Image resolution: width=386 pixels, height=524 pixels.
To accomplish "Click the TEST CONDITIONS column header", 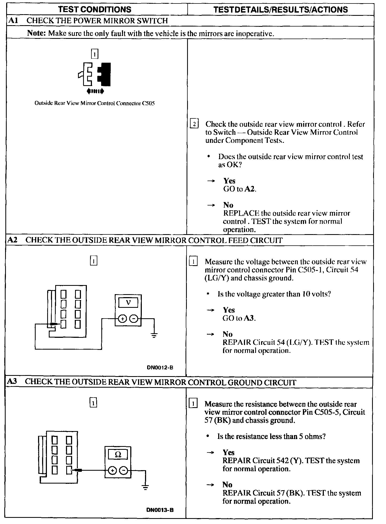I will (x=95, y=10).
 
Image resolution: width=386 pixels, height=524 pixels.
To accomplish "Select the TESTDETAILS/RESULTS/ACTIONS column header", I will (x=281, y=10).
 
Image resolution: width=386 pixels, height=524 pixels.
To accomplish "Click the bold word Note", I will (x=37, y=33).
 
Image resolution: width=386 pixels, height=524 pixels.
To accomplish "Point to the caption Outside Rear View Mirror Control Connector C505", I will (x=95, y=103).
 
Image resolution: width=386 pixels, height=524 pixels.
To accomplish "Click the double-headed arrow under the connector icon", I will (x=95, y=91).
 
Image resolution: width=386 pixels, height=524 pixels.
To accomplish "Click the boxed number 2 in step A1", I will (x=194, y=124).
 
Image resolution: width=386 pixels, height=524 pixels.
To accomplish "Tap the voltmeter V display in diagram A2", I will (x=128, y=303).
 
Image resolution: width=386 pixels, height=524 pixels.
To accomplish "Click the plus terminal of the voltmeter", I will (x=123, y=319).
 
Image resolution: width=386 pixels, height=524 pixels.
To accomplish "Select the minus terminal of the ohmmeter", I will (x=124, y=470).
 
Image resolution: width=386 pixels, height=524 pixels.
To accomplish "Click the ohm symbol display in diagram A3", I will (x=118, y=454).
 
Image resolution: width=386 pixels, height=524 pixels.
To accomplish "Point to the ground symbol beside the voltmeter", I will (x=154, y=335).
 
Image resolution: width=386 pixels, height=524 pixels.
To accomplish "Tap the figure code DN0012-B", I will (x=160, y=367).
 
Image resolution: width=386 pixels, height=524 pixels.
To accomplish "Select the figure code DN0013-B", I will (x=160, y=510).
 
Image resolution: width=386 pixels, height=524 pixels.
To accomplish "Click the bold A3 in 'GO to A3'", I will (x=250, y=318).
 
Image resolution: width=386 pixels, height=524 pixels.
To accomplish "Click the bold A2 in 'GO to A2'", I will (x=250, y=189).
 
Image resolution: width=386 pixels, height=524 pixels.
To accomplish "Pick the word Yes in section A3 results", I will (x=228, y=452).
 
